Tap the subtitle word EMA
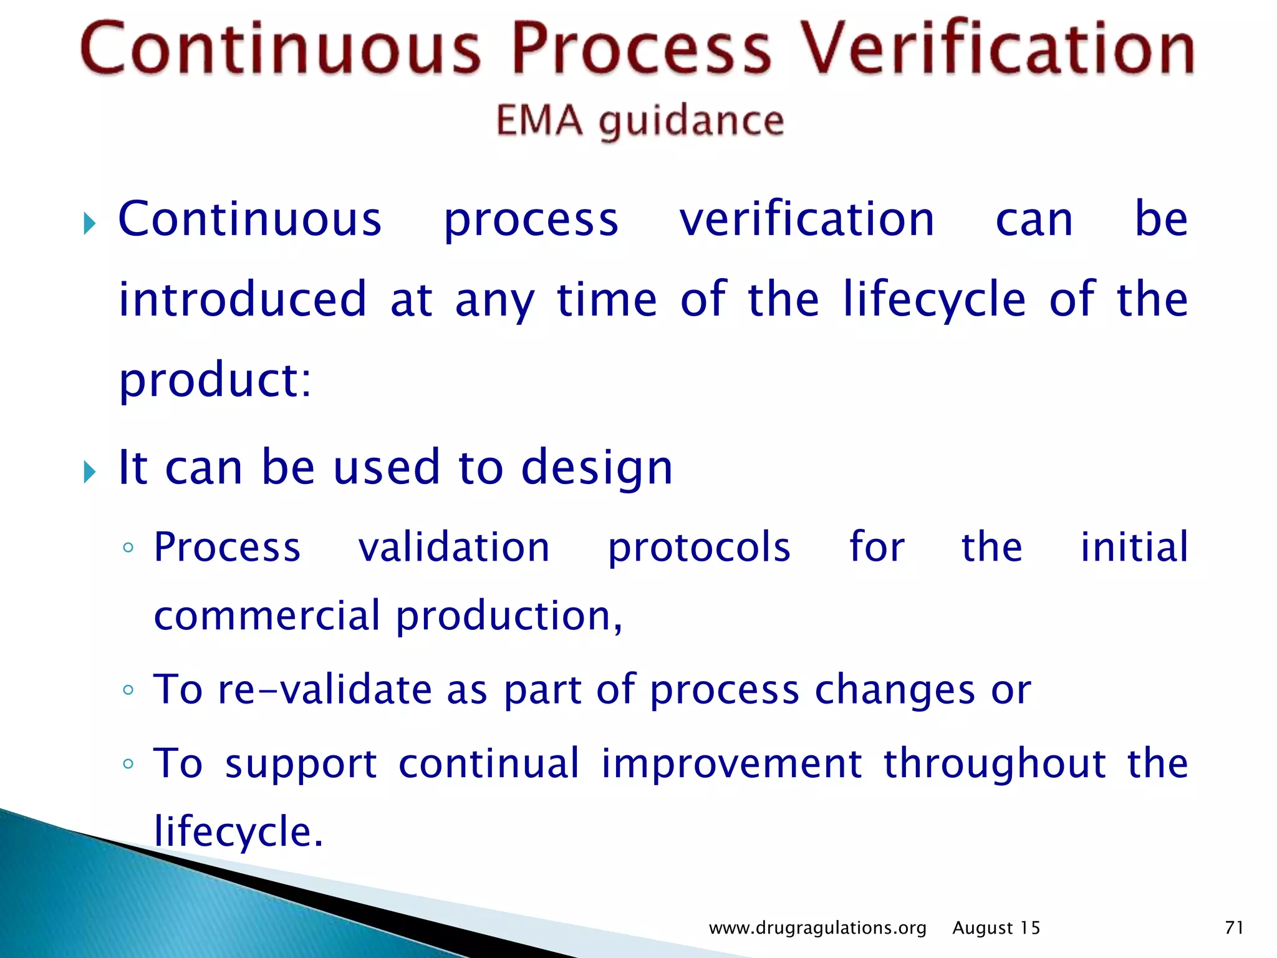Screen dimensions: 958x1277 (539, 120)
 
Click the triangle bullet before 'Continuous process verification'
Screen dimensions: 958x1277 (90, 223)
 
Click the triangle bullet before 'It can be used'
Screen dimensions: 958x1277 (90, 472)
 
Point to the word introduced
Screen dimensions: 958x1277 (243, 299)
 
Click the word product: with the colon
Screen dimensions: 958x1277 (214, 380)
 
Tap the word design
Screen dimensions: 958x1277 (597, 468)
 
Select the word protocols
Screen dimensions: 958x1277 (699, 548)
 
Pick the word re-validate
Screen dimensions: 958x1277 (324, 690)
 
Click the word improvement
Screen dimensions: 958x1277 (731, 764)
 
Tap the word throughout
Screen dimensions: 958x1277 (995, 764)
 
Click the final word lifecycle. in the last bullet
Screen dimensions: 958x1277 (238, 832)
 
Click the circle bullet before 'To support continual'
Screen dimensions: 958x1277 (128, 764)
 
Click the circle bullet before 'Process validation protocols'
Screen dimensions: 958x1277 (128, 548)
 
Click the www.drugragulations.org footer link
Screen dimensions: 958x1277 (817, 928)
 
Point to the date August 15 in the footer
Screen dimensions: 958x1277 (996, 928)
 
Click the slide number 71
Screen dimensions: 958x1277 (1234, 927)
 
